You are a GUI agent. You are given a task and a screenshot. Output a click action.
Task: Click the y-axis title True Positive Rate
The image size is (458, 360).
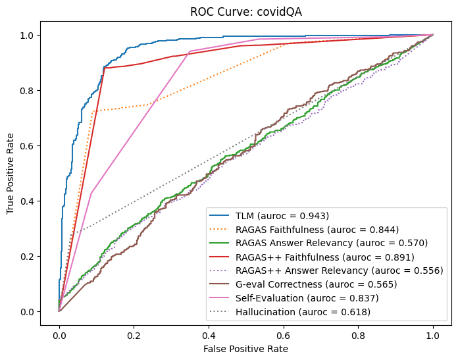(x=11, y=173)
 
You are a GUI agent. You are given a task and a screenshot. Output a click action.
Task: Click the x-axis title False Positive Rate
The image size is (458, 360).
(x=245, y=348)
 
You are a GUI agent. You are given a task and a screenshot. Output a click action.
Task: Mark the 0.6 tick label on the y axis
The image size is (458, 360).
(x=40, y=145)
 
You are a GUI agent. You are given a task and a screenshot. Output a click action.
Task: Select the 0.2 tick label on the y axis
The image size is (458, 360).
(x=40, y=256)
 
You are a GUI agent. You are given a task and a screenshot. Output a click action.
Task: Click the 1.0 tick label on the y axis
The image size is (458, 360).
(x=40, y=35)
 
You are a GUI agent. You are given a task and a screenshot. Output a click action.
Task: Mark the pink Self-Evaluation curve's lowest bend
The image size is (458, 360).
(x=91, y=193)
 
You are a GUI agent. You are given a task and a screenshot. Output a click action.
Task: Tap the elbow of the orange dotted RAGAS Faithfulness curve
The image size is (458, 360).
(x=93, y=111)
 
